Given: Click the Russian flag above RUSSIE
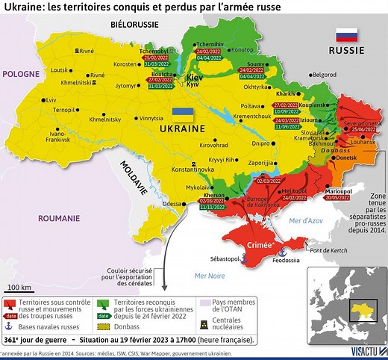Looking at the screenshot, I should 346,35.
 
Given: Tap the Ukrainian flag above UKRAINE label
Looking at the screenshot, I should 183,114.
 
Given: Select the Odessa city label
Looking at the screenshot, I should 171,204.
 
